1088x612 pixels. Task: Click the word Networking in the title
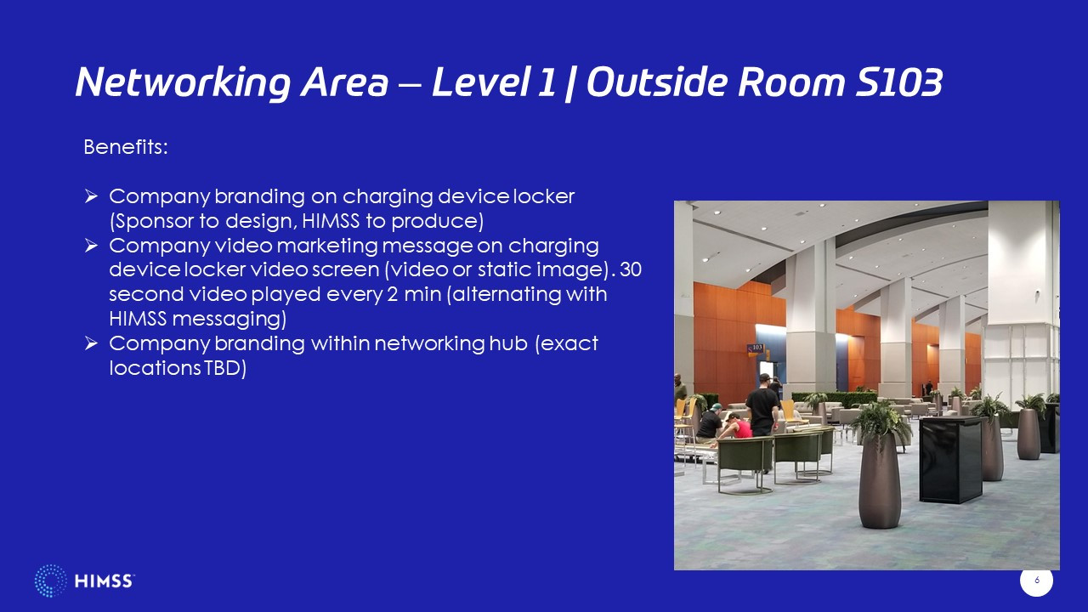(183, 82)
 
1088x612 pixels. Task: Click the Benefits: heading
(126, 147)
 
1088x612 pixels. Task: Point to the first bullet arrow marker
(91, 196)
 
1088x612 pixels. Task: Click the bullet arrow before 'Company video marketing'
(91, 246)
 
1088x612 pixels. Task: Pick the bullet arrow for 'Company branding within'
(91, 343)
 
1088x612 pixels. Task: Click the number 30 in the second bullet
(631, 269)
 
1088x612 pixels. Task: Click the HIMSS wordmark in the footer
(104, 581)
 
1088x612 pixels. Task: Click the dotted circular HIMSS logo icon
(50, 581)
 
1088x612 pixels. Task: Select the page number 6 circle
(1036, 580)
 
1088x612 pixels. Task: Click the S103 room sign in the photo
(756, 348)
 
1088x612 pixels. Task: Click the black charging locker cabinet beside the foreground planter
(950, 459)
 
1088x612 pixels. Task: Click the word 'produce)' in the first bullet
(437, 222)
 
